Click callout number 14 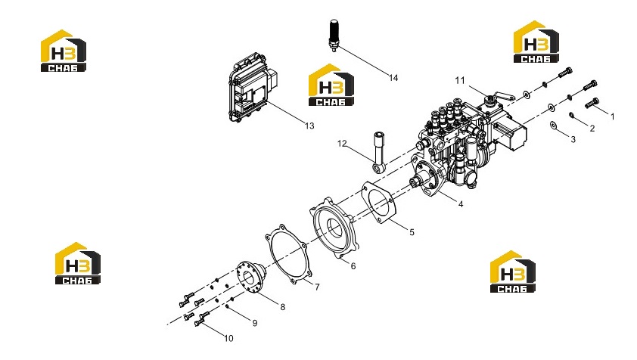point(393,78)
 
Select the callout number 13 point(309,126)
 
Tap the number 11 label point(459,80)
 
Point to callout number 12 point(342,144)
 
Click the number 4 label point(461,204)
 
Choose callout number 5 point(412,232)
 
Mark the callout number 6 point(353,266)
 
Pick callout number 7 point(317,287)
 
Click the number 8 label point(283,307)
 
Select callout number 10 point(228,339)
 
